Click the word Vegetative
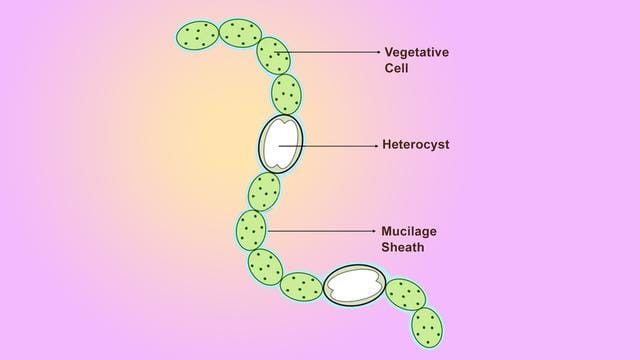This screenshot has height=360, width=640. point(417,51)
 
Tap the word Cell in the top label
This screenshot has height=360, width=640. point(397,69)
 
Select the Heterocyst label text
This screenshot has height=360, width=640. point(415,145)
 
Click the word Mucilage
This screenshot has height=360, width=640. point(409,231)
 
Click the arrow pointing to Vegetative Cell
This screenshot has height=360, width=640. point(330,51)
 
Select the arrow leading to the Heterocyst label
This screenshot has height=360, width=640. point(330,145)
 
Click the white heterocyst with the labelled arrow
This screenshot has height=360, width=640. point(281,145)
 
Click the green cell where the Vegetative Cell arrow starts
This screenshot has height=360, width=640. point(273,55)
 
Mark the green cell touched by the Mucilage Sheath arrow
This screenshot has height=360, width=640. point(252,230)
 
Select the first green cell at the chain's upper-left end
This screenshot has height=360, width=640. point(197,37)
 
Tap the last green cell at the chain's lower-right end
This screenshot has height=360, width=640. point(427,325)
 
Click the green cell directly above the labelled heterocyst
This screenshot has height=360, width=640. point(287,94)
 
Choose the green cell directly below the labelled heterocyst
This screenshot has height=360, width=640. point(264,190)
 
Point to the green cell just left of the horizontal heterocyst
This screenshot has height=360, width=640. point(301,287)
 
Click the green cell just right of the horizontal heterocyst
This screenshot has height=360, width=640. point(405,295)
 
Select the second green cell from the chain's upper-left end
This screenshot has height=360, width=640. point(240,33)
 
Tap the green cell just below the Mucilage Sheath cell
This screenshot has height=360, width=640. point(265,266)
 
